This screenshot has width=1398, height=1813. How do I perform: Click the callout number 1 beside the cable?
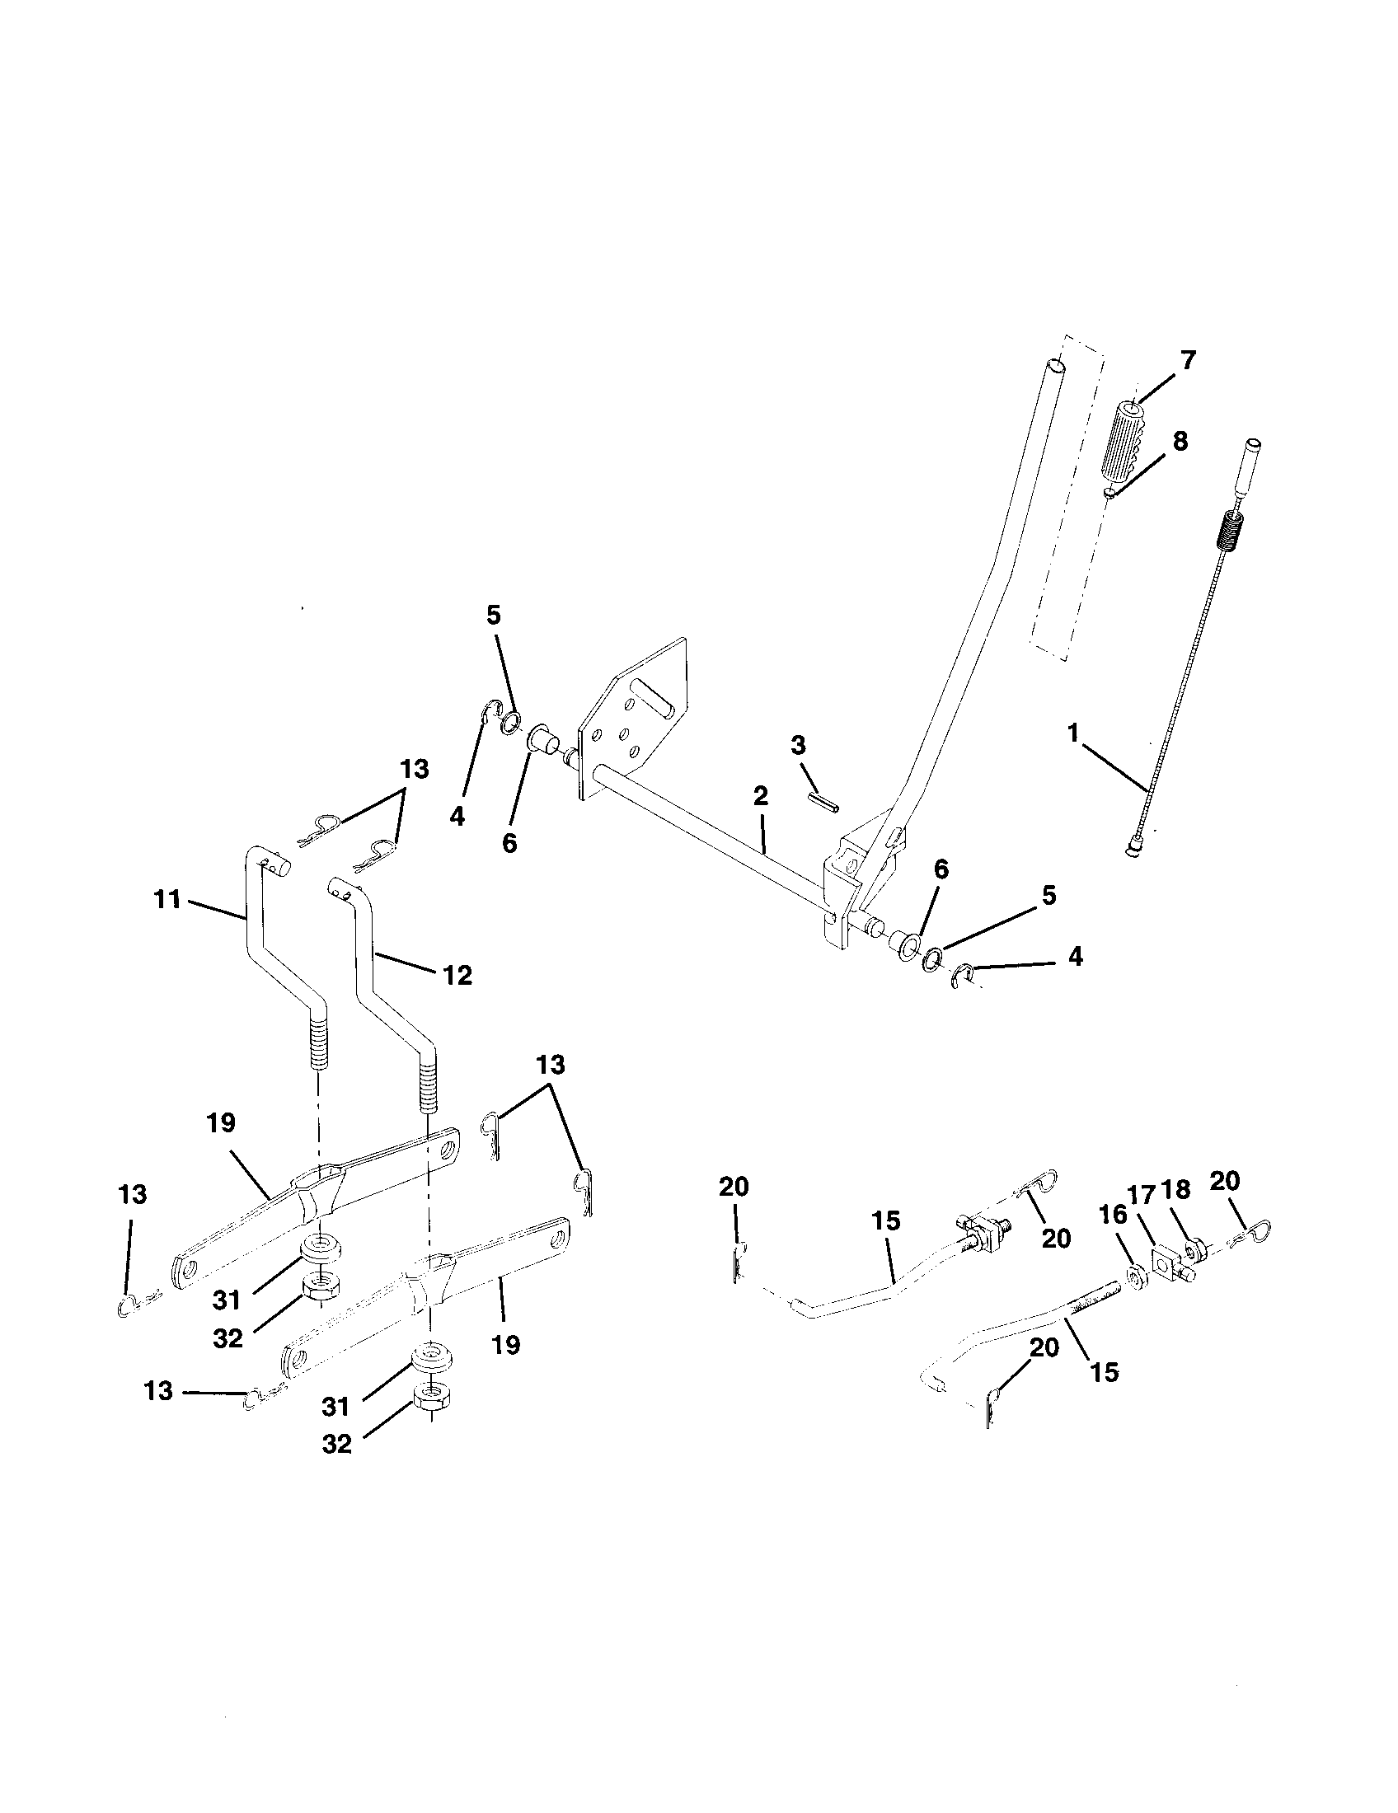(x=1073, y=733)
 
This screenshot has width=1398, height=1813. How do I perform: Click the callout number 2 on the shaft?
(x=761, y=796)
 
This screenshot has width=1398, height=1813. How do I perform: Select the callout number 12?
(x=457, y=975)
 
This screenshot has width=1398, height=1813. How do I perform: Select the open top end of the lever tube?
(x=1054, y=364)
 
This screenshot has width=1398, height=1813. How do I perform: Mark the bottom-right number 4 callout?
(x=1074, y=957)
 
